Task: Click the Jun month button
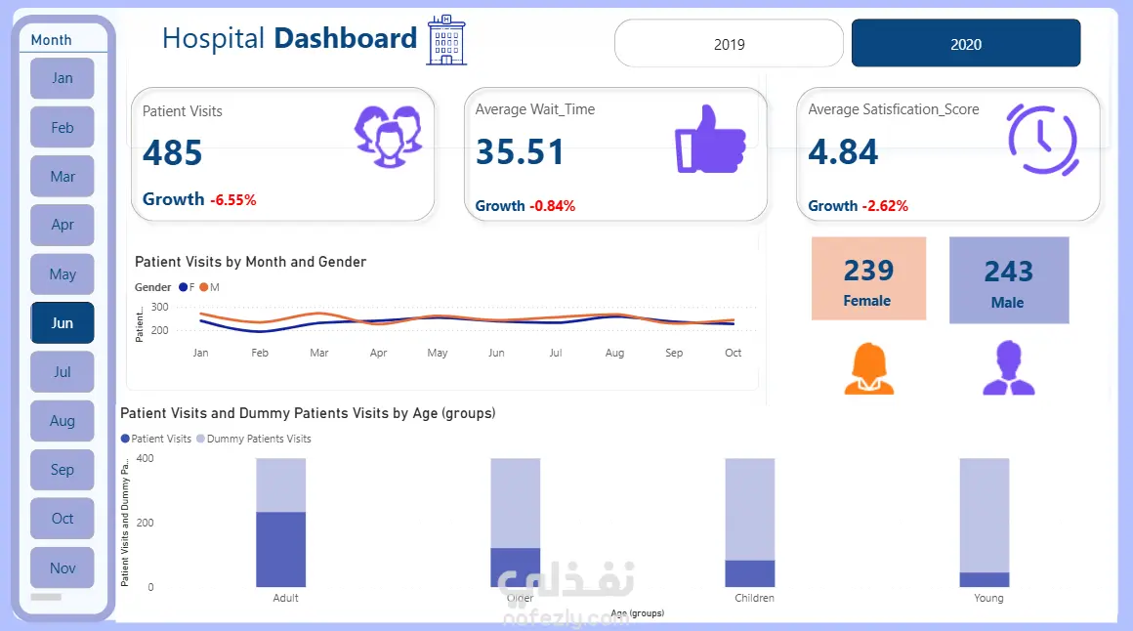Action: (63, 323)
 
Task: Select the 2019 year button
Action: (729, 44)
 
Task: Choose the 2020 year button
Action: (966, 44)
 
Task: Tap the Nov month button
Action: (63, 568)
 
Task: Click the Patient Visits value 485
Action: (173, 152)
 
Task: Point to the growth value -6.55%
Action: (232, 200)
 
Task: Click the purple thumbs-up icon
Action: (710, 140)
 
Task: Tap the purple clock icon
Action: (1042, 139)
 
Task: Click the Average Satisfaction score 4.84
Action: (843, 152)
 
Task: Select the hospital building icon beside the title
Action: (446, 40)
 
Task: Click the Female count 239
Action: (868, 271)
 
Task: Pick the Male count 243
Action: (1008, 272)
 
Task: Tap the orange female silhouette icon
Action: (868, 369)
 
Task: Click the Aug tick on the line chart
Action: (614, 353)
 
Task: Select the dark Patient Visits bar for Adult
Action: (281, 549)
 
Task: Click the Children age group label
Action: (754, 598)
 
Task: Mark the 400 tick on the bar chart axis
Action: (145, 458)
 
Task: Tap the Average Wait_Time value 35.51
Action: (520, 152)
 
